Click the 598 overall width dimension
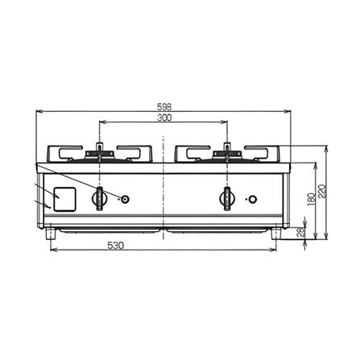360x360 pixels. point(164,107)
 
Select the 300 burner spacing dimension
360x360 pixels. point(164,118)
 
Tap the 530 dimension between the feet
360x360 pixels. point(116,246)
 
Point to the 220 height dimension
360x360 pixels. point(323,191)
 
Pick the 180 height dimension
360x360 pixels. point(312,199)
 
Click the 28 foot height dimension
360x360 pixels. point(301,232)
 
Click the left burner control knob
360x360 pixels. point(100,199)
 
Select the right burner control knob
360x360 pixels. point(227,199)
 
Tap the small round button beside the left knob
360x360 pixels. point(125,199)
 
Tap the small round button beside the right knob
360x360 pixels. point(252,199)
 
